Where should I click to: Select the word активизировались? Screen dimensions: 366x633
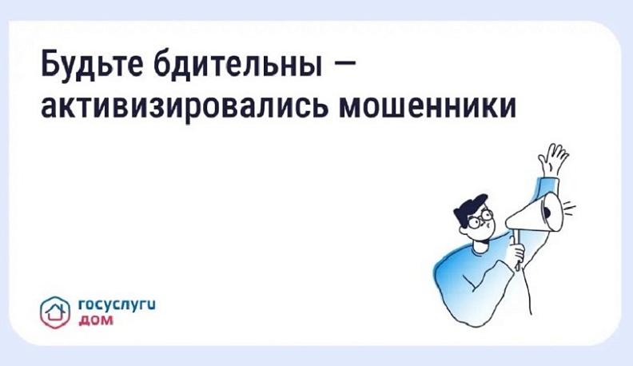coord(173,106)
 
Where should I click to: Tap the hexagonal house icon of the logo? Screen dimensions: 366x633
coord(55,308)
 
